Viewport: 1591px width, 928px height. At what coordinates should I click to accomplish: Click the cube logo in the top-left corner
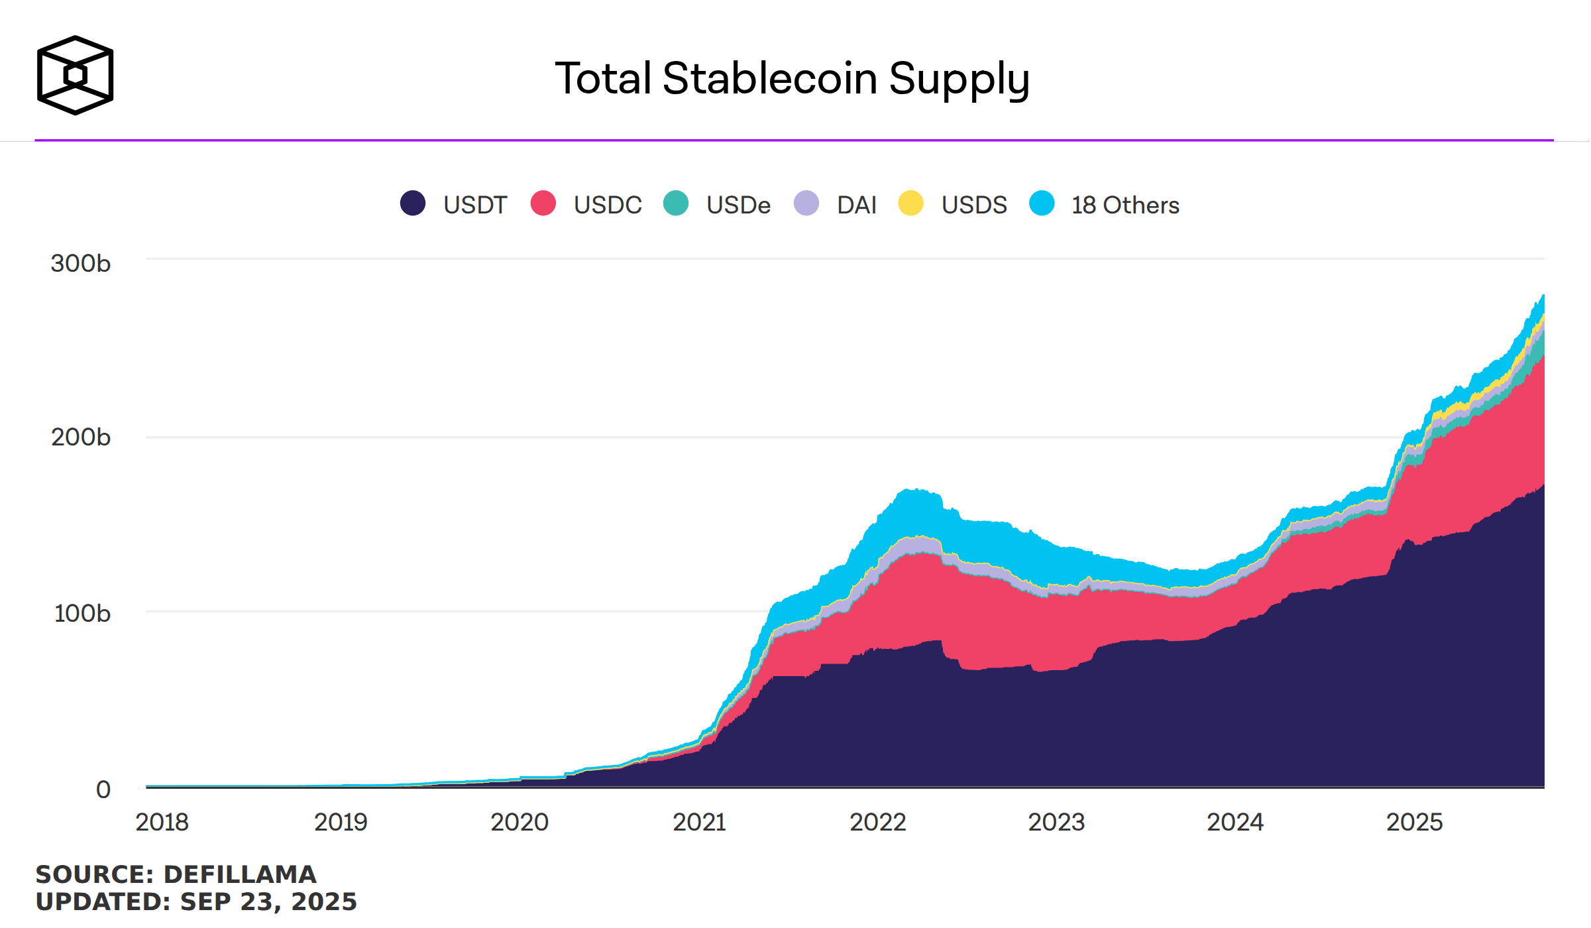(75, 75)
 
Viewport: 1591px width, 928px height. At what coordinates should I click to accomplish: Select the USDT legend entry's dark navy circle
(412, 203)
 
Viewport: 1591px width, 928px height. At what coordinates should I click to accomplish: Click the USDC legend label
(607, 205)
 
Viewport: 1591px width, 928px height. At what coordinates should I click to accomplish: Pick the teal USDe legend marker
(675, 203)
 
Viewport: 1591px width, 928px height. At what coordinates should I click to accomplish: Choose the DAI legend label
(856, 205)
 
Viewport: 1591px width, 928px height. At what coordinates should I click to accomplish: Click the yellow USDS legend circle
(910, 203)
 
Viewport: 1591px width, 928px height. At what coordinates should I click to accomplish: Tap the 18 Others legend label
(1125, 205)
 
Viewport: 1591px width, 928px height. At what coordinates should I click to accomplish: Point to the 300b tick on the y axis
(80, 264)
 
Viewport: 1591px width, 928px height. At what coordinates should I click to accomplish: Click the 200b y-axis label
(80, 437)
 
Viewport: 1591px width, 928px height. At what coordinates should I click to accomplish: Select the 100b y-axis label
(82, 613)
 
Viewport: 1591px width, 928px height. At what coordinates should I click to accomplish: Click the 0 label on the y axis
(103, 789)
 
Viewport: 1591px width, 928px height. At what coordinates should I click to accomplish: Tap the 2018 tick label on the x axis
(162, 822)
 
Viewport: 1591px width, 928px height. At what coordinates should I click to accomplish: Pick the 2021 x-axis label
(699, 822)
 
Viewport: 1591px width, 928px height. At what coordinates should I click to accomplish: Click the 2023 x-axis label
(1056, 822)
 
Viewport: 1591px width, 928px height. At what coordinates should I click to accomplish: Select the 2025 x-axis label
(1414, 822)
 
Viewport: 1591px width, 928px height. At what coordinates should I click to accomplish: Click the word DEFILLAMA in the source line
(240, 874)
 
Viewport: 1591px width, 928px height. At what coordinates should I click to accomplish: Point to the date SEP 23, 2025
(268, 901)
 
